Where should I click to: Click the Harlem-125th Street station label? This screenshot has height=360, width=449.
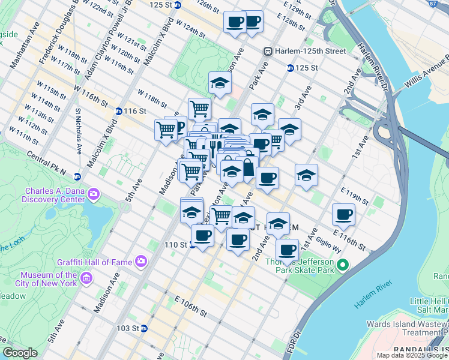310,51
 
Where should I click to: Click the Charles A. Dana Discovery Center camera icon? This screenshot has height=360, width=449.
93,193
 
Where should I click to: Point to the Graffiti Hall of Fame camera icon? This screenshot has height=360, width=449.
140,261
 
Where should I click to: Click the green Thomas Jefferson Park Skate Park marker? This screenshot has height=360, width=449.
343,265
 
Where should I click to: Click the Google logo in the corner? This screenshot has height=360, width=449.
20,353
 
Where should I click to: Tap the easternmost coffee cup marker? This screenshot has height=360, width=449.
344,214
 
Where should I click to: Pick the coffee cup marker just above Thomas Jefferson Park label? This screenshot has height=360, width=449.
288,249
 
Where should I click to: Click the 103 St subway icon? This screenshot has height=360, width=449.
144,329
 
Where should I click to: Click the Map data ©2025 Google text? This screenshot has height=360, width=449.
411,355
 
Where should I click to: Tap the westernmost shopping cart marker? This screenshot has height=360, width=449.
166,130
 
